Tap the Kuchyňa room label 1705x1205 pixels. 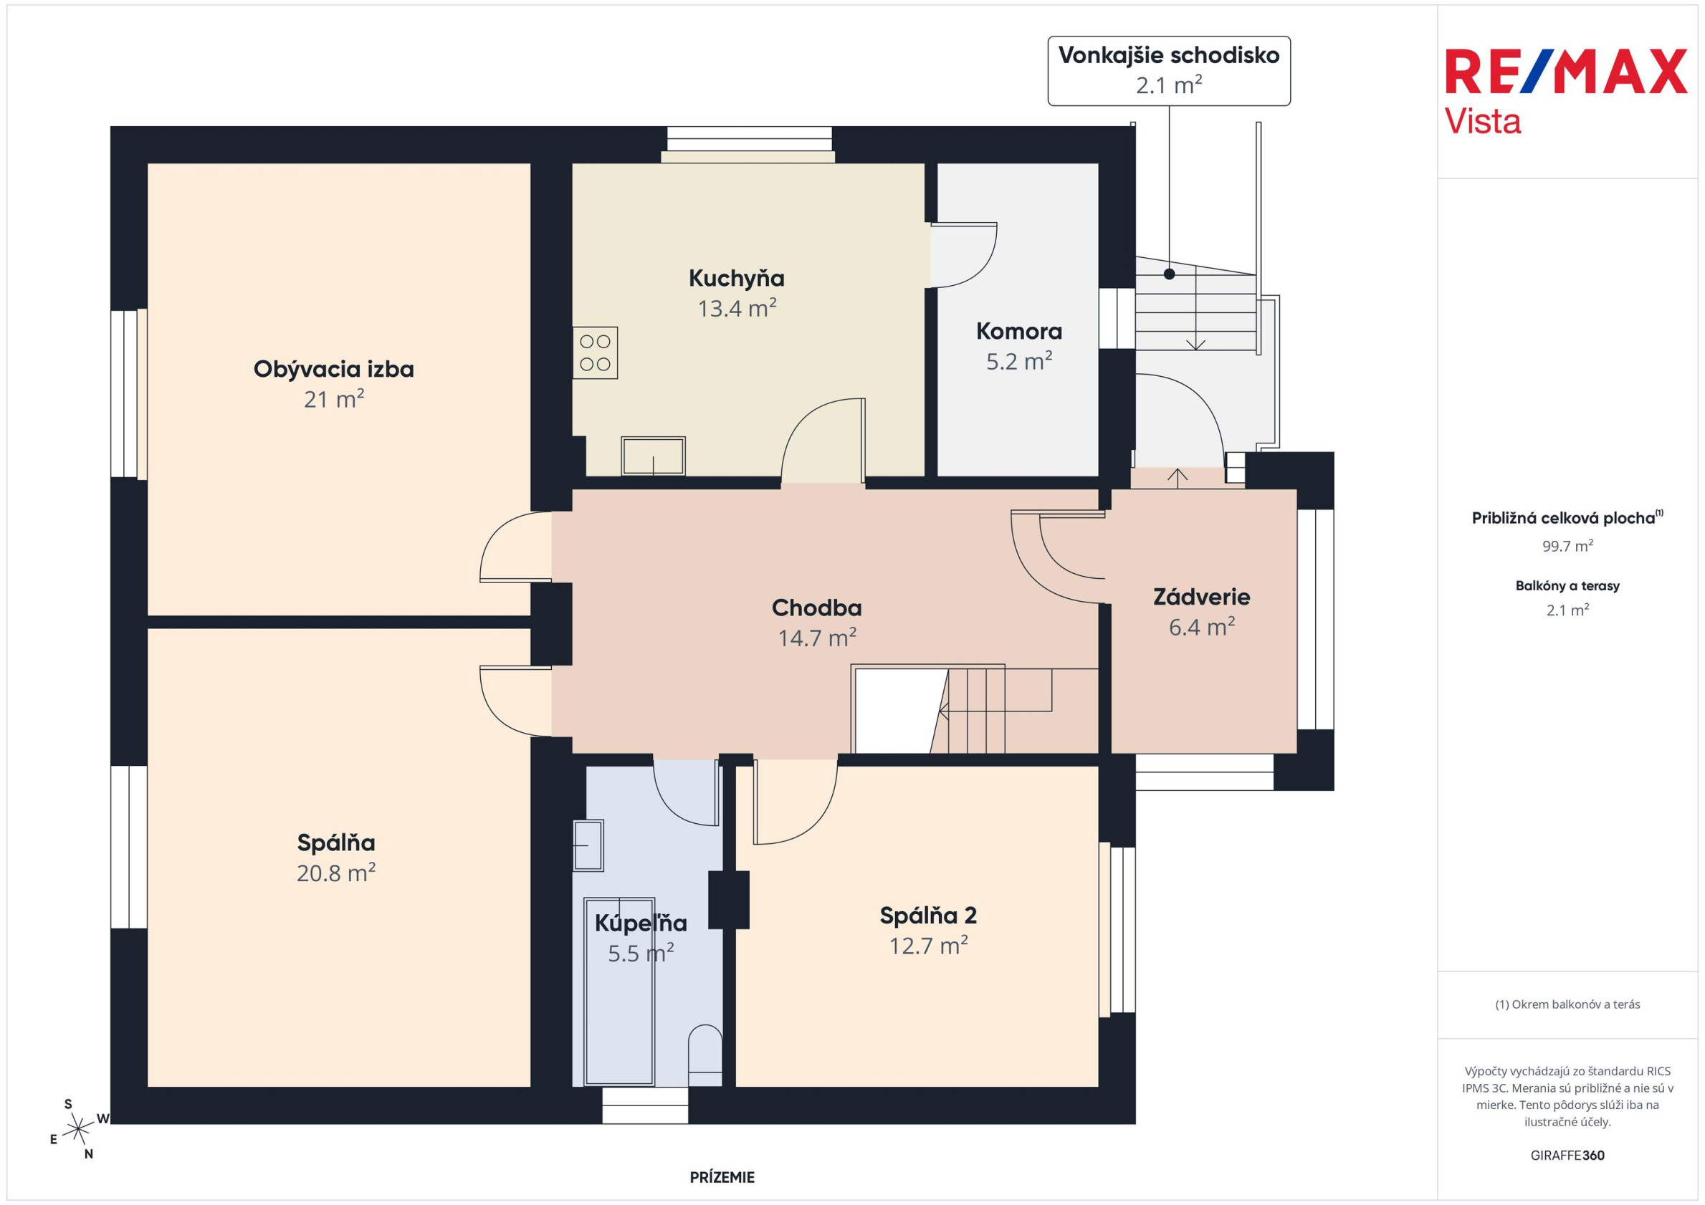(x=736, y=279)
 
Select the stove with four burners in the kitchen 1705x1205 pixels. (x=595, y=352)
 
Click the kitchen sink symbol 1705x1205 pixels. (x=653, y=456)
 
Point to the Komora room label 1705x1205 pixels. (x=1019, y=331)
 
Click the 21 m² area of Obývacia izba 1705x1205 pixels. (x=334, y=400)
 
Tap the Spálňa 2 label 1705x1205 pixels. (x=928, y=916)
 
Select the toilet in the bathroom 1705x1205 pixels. (x=705, y=1056)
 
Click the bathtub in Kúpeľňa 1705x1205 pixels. (x=619, y=992)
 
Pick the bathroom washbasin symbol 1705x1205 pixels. (x=588, y=845)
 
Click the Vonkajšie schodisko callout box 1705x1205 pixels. (x=1169, y=70)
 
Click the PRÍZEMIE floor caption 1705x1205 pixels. (x=722, y=1177)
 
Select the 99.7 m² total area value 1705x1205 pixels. (x=1567, y=546)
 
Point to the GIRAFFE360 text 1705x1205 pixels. (x=1567, y=1156)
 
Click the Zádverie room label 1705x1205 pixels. (x=1201, y=597)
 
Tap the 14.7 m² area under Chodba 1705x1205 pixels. (x=817, y=638)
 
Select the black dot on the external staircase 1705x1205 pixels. (x=1169, y=274)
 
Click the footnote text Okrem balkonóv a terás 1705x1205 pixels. (x=1567, y=1004)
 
